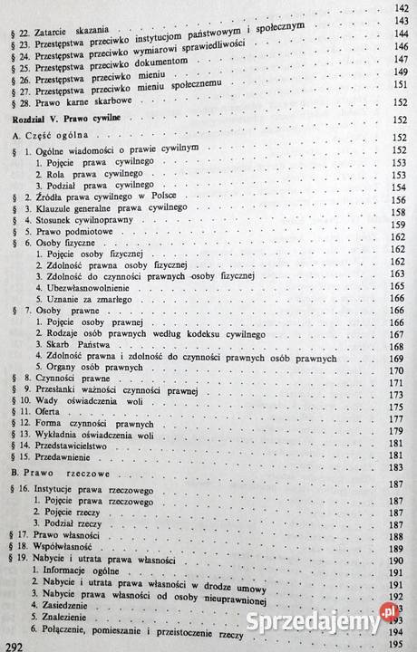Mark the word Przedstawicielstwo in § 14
pos(81,445)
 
